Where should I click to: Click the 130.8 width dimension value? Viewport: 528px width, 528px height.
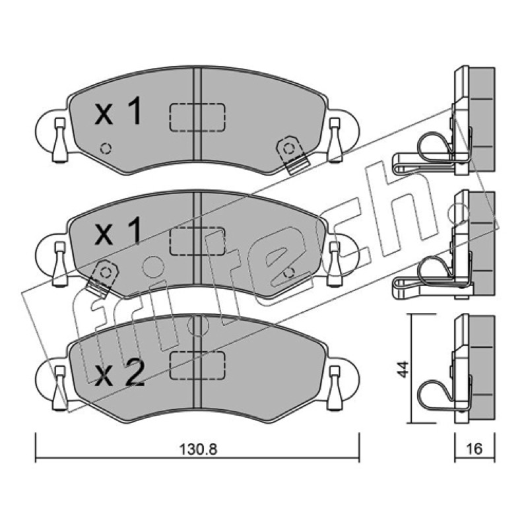pos(198,449)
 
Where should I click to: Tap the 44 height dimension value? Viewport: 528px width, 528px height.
pos(403,369)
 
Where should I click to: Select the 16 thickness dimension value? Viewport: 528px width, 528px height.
pos(474,449)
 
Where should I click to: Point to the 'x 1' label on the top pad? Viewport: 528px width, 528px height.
pos(118,111)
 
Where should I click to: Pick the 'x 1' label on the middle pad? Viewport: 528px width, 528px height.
pos(118,230)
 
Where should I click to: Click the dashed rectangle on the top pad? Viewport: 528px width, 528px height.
pos(197,117)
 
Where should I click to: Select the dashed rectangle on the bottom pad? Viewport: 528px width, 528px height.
pos(197,365)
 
